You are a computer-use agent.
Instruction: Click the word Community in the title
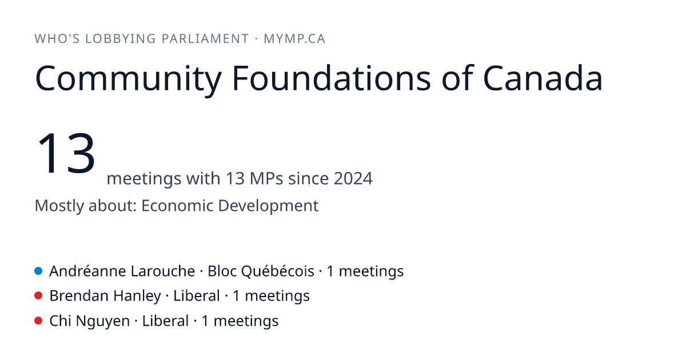click(x=128, y=79)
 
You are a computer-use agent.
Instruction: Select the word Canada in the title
click(x=543, y=78)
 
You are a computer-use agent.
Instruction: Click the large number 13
click(x=66, y=153)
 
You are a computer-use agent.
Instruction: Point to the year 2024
click(x=353, y=178)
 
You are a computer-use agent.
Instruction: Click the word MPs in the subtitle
click(x=266, y=178)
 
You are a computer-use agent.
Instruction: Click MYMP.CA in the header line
click(x=294, y=39)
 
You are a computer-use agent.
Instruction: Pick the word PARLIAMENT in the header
click(x=205, y=39)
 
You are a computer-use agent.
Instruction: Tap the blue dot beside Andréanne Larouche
click(x=38, y=271)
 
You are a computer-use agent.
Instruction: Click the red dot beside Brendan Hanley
click(x=38, y=296)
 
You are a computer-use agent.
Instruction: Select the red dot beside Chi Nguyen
click(x=38, y=321)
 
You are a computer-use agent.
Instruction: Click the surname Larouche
click(x=162, y=271)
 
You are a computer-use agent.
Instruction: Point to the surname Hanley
click(x=137, y=297)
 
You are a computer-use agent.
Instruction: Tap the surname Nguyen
click(x=102, y=321)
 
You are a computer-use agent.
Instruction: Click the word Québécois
click(x=278, y=271)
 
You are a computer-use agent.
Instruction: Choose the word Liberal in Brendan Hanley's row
click(x=197, y=296)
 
